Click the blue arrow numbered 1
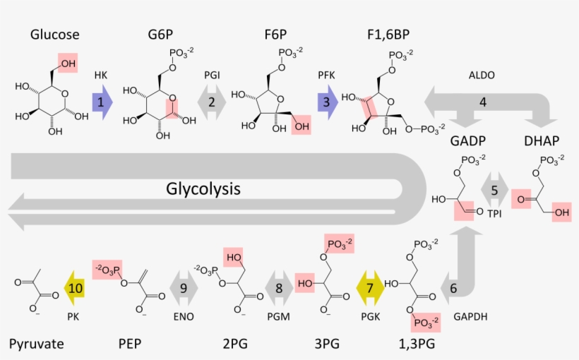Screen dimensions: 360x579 (102, 102)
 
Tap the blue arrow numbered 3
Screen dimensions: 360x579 (326, 102)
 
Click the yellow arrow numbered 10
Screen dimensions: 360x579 (76, 288)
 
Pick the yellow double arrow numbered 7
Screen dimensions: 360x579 (369, 288)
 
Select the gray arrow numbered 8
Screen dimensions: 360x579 (278, 288)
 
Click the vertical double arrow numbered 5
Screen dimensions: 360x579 (494, 190)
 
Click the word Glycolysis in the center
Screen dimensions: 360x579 (203, 189)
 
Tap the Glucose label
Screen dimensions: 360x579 (54, 35)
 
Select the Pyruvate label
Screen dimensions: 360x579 (37, 344)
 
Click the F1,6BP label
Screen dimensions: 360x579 (388, 35)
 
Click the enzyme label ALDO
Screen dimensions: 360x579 (482, 75)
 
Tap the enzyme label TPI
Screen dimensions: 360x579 (494, 213)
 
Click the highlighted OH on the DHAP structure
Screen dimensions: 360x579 (561, 212)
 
